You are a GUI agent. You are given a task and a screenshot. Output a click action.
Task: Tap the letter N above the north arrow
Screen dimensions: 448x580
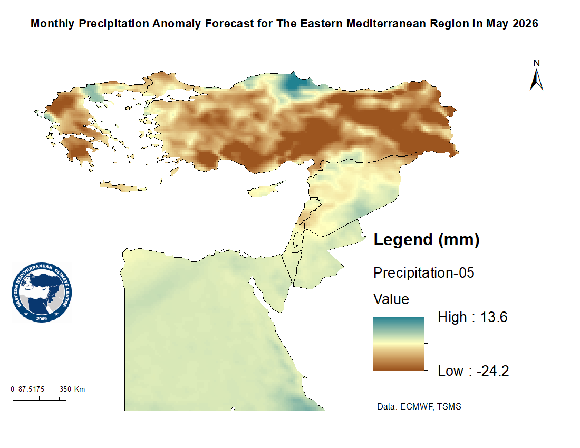[537, 63]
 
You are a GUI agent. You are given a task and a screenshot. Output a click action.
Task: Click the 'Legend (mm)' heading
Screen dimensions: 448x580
[426, 240]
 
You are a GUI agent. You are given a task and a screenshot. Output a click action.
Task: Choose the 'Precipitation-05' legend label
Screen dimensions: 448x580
[424, 273]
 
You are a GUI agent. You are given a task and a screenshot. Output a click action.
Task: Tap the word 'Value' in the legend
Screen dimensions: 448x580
[391, 299]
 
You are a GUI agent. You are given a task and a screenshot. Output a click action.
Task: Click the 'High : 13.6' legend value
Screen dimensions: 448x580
[472, 317]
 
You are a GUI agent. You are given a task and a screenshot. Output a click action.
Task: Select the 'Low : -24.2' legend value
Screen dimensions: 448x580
[473, 371]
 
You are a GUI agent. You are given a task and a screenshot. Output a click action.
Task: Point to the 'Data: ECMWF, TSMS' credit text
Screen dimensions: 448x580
[419, 407]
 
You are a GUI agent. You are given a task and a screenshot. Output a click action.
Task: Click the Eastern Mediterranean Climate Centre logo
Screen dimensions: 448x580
[42, 293]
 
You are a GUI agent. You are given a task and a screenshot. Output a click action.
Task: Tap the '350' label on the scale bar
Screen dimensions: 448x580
[65, 389]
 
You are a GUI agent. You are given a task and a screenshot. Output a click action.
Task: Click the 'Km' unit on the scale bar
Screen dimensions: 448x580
[80, 389]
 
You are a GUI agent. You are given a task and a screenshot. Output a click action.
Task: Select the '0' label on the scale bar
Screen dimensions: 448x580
[13, 389]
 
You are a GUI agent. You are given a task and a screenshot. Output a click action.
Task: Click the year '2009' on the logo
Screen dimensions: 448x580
[42, 318]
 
